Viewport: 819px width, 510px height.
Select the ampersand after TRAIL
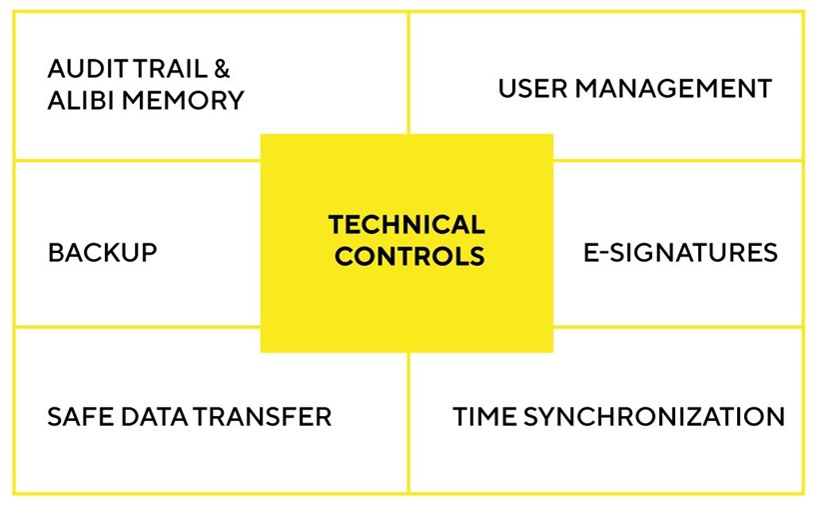[x=222, y=69]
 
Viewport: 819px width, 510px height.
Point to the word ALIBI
[x=81, y=100]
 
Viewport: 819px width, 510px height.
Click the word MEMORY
[x=183, y=100]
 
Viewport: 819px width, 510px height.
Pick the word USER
[x=532, y=88]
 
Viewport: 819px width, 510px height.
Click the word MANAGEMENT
[x=673, y=88]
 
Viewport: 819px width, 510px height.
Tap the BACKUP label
[x=102, y=253]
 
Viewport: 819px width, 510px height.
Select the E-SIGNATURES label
[x=680, y=253]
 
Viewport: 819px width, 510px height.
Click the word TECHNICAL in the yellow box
[x=407, y=225]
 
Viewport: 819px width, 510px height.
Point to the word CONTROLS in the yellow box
[x=409, y=256]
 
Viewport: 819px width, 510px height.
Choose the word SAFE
[x=81, y=417]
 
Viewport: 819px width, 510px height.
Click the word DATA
[x=154, y=417]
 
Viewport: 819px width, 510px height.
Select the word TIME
[x=484, y=417]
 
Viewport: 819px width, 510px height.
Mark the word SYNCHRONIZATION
[x=654, y=417]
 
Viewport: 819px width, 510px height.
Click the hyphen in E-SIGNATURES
[x=603, y=254]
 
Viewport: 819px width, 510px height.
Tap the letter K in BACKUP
[x=112, y=253]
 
